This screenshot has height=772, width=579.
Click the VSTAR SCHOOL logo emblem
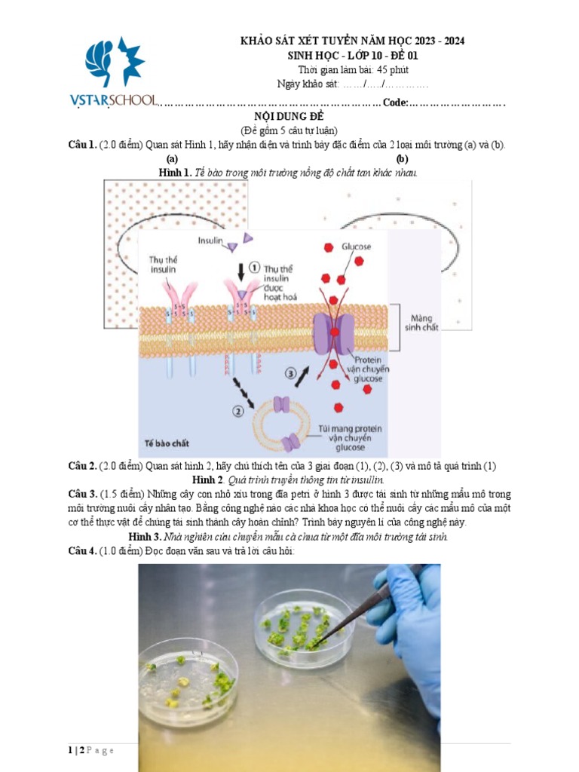pos(115,61)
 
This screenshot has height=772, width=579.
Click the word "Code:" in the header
pos(395,103)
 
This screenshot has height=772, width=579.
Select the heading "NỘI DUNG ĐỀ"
pos(289,116)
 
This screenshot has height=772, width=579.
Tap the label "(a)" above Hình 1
pos(172,158)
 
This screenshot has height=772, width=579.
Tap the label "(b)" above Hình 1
pos(403,158)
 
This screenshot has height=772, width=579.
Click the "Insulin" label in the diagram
pos(210,240)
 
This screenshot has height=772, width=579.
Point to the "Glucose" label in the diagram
pos(356,247)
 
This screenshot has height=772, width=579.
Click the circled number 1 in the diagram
pos(254,268)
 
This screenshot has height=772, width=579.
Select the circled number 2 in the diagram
pos(237,411)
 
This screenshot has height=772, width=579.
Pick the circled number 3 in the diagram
pos(290,373)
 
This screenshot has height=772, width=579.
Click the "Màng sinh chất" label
pos(421,323)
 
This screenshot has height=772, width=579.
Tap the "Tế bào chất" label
pos(167,443)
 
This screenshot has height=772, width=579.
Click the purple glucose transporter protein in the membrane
pos(334,333)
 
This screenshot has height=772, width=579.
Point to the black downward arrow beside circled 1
pos(240,271)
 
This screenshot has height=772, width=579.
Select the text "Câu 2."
pos(82,466)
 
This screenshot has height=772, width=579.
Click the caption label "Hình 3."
pos(145,537)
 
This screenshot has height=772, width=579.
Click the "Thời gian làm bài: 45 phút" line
pos(353,69)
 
